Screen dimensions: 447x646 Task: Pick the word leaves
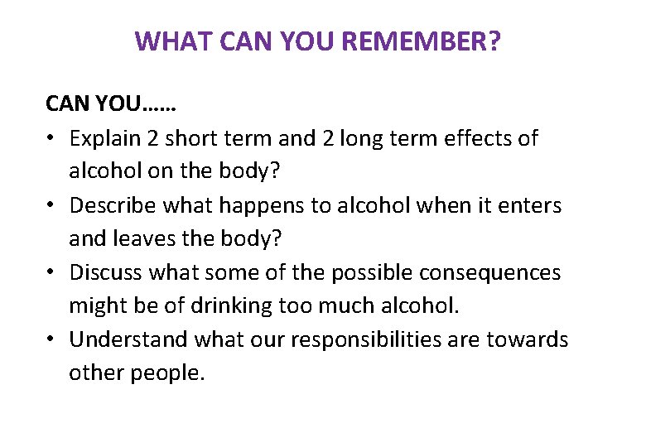(142, 238)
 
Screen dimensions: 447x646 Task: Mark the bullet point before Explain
(51, 139)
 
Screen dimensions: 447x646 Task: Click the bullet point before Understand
(51, 340)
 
